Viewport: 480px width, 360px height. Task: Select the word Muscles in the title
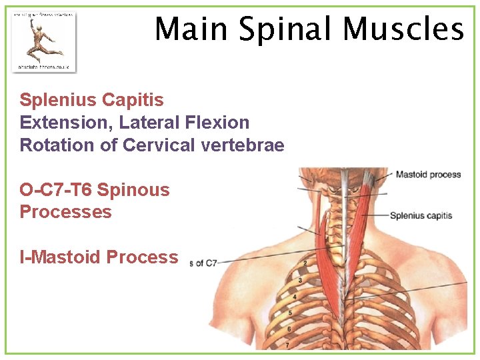click(403, 29)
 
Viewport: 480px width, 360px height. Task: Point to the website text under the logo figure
click(44, 67)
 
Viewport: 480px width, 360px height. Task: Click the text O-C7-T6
click(56, 190)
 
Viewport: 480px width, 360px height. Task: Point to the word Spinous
click(133, 190)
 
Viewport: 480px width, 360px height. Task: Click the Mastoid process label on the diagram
click(428, 175)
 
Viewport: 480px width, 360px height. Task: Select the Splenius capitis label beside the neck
click(421, 215)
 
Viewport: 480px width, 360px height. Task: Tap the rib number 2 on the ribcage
click(305, 263)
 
